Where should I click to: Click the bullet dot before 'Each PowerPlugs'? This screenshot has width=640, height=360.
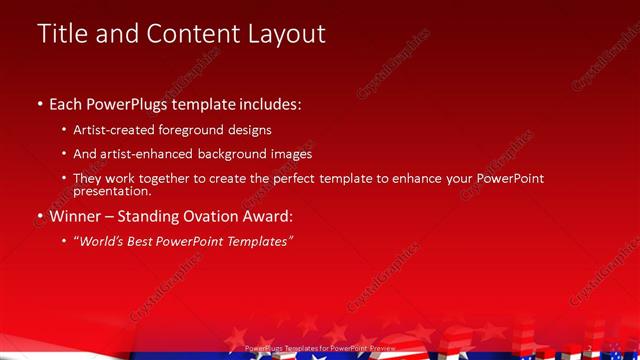pyautogui.click(x=39, y=103)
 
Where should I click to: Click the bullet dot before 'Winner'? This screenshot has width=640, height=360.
pyautogui.click(x=39, y=215)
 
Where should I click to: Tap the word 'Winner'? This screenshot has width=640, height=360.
pyautogui.click(x=77, y=215)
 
